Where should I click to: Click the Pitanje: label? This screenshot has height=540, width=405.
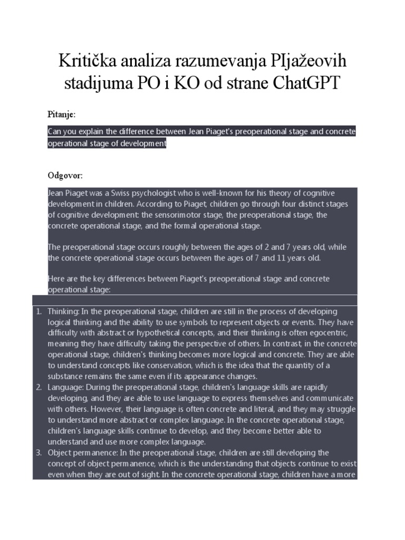(62, 114)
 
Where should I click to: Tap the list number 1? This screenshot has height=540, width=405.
(39, 312)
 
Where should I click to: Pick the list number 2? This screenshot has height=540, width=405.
(39, 388)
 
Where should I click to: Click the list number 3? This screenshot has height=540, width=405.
(39, 452)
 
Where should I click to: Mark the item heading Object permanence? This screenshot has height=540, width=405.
(83, 452)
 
